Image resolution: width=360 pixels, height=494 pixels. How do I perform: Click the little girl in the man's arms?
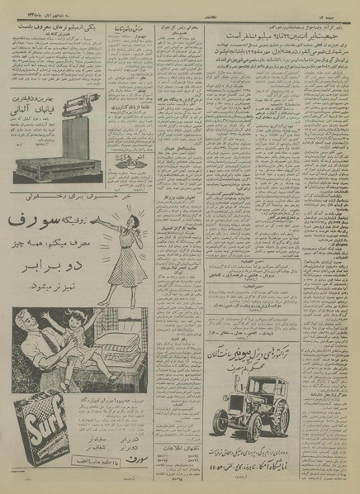pos(62,347)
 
